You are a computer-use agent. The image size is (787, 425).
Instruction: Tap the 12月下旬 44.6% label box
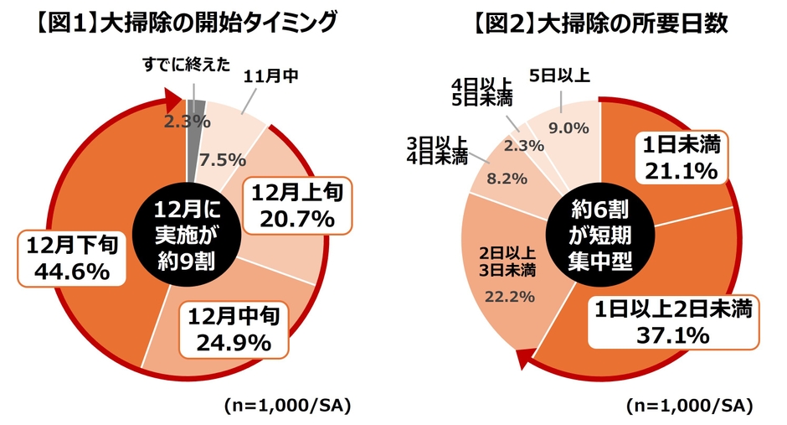pos(70,258)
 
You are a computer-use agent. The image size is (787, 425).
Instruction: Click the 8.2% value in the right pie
pos(504,178)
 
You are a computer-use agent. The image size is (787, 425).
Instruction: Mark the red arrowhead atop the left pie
pos(170,101)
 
